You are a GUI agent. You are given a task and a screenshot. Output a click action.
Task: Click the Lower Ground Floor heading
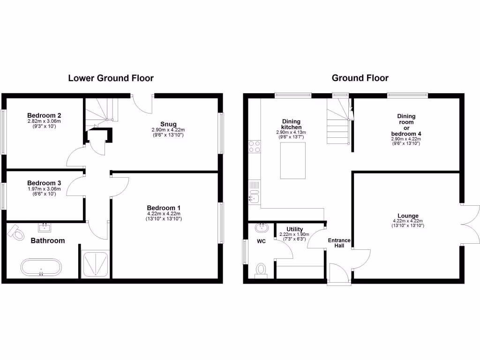[111, 78]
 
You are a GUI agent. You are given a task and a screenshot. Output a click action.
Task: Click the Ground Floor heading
[360, 78]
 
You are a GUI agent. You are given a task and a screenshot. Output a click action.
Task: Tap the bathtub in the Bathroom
[41, 268]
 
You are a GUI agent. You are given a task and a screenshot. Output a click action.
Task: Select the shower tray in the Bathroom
[96, 264]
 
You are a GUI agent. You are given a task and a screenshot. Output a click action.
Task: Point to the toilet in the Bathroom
[18, 232]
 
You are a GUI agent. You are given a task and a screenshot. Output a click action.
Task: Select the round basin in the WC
[262, 228]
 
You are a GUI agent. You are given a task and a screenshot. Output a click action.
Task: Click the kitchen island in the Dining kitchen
[293, 161]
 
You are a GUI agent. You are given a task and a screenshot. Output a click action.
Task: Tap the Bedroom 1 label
[164, 208]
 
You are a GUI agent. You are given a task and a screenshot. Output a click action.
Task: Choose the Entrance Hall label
[338, 243]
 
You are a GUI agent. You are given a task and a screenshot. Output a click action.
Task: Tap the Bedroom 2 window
[3, 132]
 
